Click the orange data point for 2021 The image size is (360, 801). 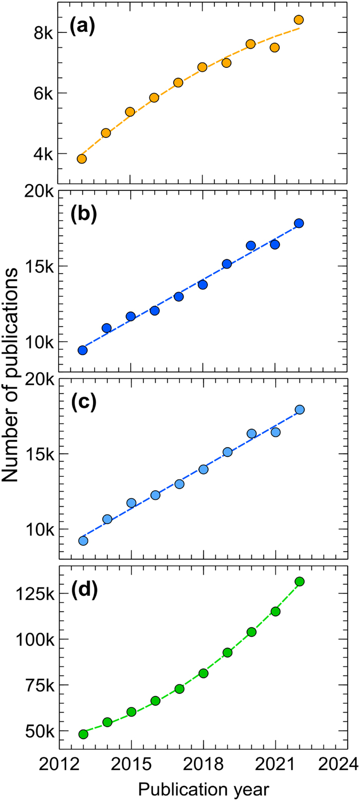pyautogui.click(x=275, y=47)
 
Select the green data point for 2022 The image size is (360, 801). pyautogui.click(x=300, y=581)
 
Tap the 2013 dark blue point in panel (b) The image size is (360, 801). pyautogui.click(x=82, y=350)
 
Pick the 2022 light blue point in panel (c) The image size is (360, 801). pyautogui.click(x=300, y=410)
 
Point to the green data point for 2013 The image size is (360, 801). pyautogui.click(x=83, y=734)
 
